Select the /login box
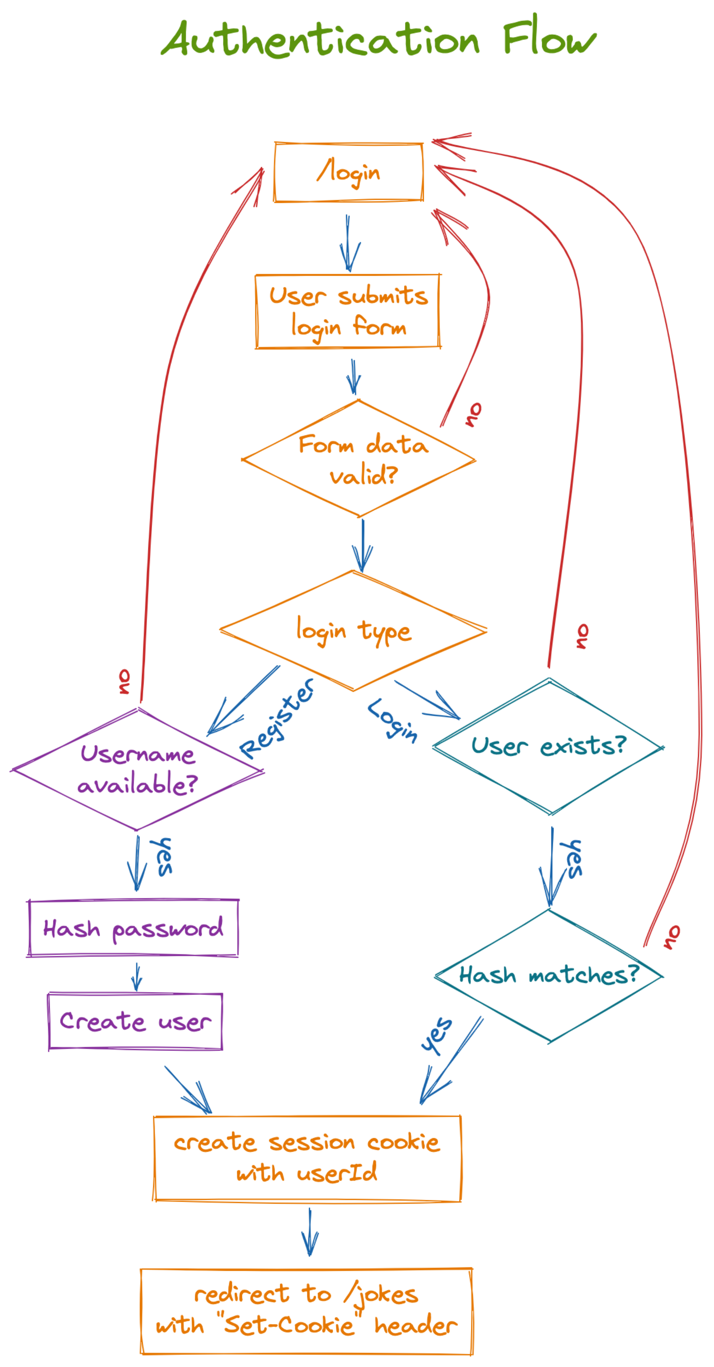(x=348, y=173)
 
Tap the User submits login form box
(x=348, y=312)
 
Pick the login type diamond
(x=353, y=631)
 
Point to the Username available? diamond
(x=137, y=769)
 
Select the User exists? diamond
(x=549, y=746)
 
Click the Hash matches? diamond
(x=549, y=975)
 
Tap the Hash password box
(x=133, y=929)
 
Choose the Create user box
(x=135, y=1021)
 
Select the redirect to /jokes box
(x=306, y=1311)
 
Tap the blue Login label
(x=393, y=720)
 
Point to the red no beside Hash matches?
(x=672, y=937)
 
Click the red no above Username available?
(x=123, y=682)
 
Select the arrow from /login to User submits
(x=348, y=243)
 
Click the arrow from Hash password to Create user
(x=136, y=977)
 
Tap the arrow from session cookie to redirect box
(x=310, y=1232)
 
